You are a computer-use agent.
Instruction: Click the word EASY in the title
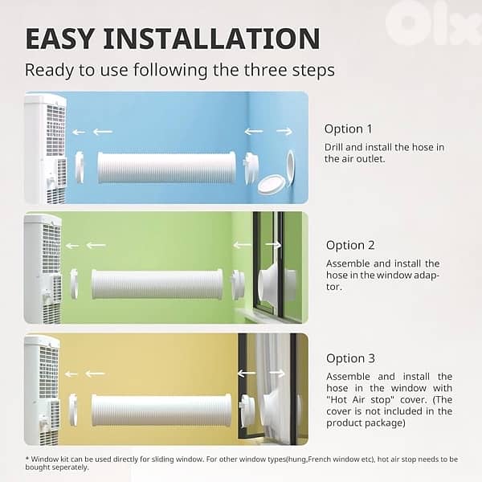(x=59, y=39)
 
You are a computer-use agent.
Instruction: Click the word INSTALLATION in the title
(x=212, y=39)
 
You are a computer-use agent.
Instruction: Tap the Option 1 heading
(x=348, y=129)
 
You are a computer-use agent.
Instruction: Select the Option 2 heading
(x=350, y=245)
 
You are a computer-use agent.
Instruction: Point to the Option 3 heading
(x=350, y=358)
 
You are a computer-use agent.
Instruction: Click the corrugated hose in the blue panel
(x=167, y=168)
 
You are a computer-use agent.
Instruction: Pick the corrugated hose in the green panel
(x=157, y=284)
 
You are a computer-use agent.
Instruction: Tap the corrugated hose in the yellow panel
(x=161, y=411)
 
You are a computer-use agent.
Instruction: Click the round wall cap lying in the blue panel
(x=271, y=184)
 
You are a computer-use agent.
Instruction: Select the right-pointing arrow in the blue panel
(x=284, y=131)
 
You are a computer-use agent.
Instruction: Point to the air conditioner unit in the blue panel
(x=46, y=149)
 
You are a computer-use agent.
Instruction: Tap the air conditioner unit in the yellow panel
(x=42, y=390)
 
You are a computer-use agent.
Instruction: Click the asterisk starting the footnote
(x=27, y=459)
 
